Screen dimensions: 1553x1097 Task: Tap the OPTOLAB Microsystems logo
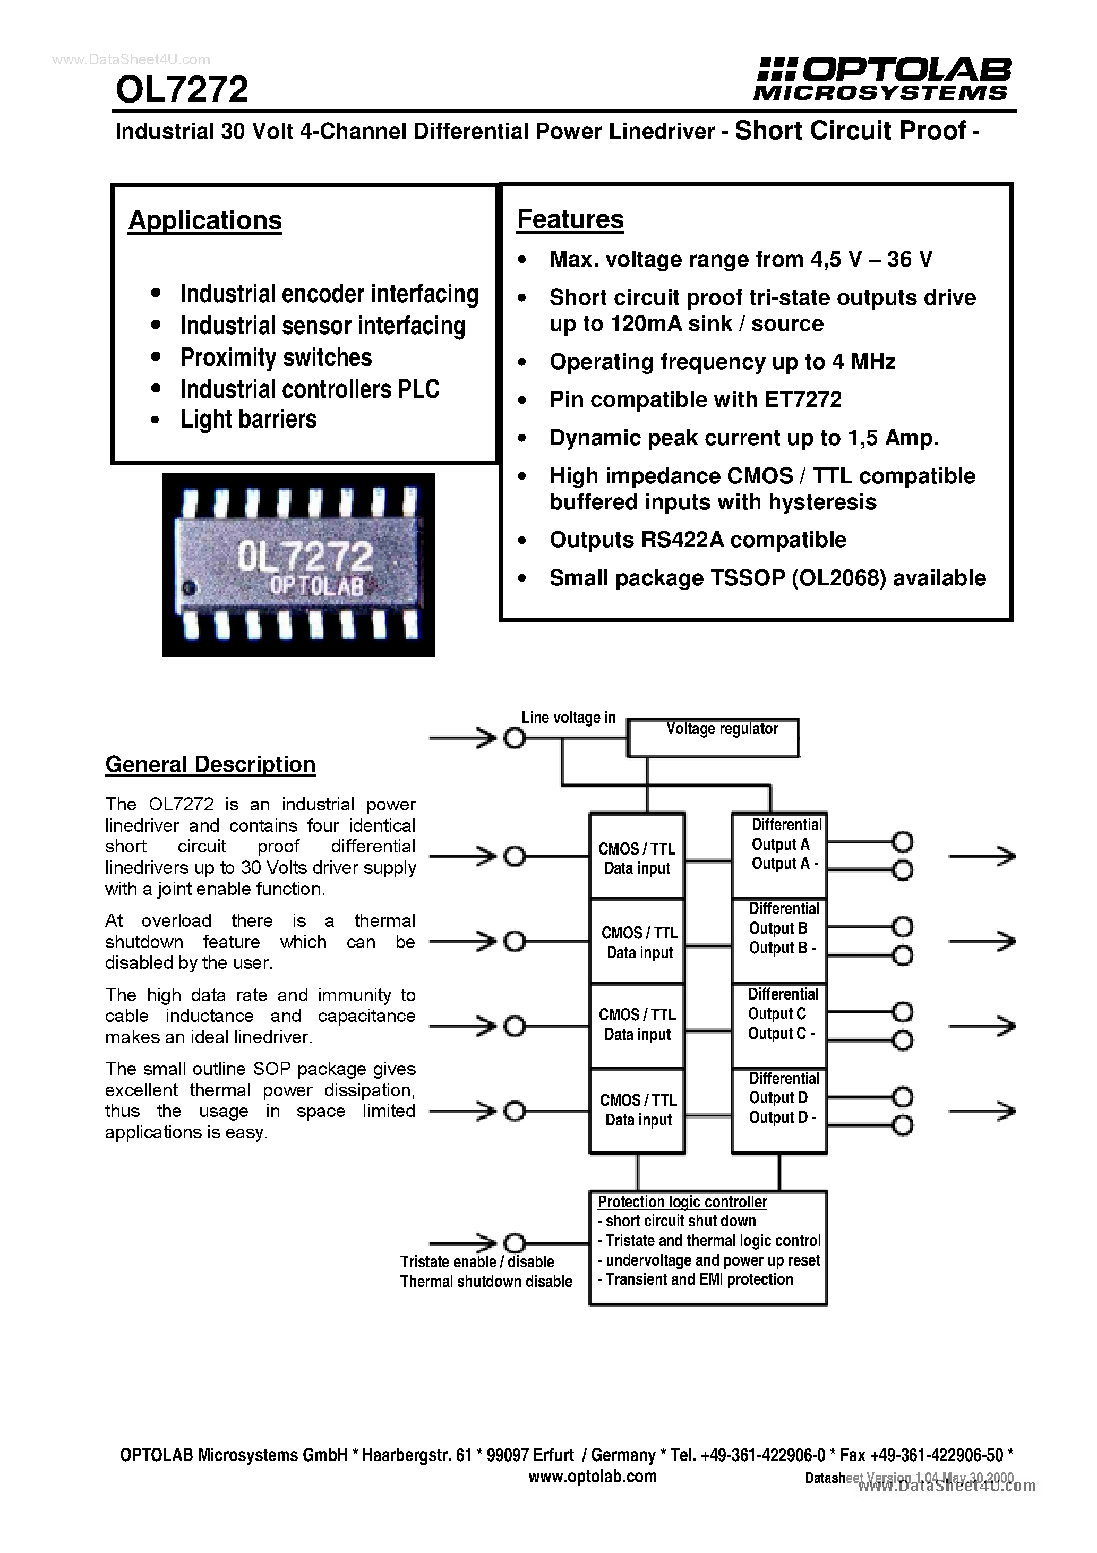coord(883,79)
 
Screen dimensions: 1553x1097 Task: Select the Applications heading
coord(205,220)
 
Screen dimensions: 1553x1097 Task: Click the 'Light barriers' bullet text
coord(248,420)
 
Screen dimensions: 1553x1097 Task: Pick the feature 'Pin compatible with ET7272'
coord(695,400)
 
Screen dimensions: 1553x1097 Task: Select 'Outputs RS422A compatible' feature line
coord(697,540)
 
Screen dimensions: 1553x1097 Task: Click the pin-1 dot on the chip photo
coord(191,588)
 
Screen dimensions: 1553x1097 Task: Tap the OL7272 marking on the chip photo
coord(304,557)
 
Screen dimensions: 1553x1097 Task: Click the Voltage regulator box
coord(713,737)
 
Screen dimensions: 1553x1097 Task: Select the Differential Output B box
coord(779,940)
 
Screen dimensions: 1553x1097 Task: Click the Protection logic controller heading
coord(682,1202)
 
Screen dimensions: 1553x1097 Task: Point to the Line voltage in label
coord(568,718)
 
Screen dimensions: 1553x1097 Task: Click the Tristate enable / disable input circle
coord(515,1243)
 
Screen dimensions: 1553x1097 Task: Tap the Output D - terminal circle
coord(902,1125)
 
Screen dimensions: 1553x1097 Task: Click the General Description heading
coord(210,764)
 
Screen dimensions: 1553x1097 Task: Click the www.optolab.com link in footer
coord(592,1477)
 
